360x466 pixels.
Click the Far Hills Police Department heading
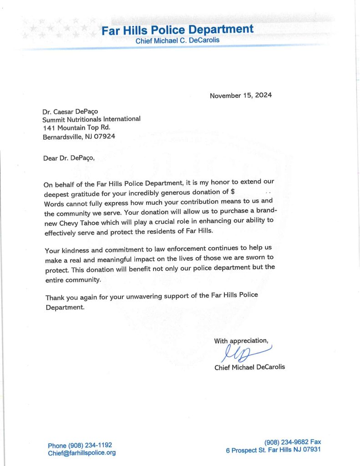tap(177, 30)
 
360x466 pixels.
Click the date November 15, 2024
tap(240, 96)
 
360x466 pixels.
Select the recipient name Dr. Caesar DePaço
tap(71, 111)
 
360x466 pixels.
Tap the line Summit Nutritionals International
tap(91, 119)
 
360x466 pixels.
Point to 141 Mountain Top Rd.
tap(76, 127)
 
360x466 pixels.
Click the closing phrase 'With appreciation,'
tap(241, 341)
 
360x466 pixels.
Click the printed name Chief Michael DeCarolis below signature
tap(249, 367)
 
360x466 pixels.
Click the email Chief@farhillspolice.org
tap(82, 453)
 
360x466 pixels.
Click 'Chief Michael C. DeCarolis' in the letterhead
tap(177, 41)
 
